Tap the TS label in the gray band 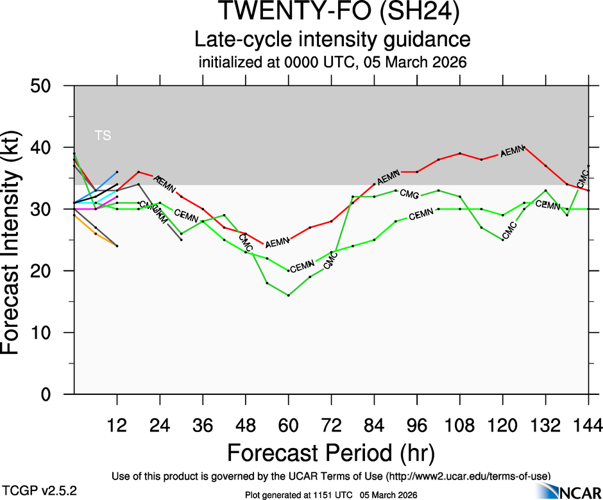click(103, 135)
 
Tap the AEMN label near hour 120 click(513, 151)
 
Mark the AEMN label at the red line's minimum click(278, 243)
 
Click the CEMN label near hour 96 click(421, 215)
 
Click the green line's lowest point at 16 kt click(289, 296)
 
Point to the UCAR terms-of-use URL click(468, 476)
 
